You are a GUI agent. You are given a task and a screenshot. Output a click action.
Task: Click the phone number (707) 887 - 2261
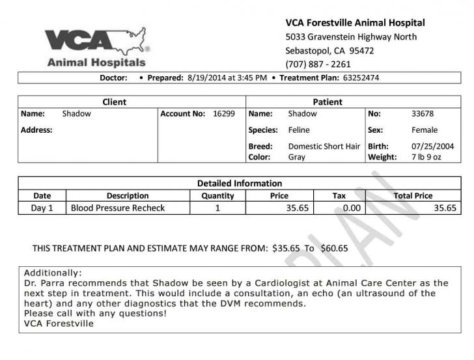(x=318, y=64)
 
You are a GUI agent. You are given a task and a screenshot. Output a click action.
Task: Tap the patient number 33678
(x=423, y=113)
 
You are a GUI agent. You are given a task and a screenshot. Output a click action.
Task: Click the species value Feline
(x=299, y=130)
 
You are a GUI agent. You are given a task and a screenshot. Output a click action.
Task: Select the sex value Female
(x=425, y=130)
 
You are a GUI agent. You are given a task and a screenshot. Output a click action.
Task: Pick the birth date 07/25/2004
(x=433, y=146)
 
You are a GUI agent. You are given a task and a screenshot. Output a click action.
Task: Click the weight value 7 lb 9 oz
(x=426, y=157)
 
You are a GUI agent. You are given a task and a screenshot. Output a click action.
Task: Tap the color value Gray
(x=296, y=157)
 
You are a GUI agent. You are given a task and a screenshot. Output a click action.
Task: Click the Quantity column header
(x=217, y=195)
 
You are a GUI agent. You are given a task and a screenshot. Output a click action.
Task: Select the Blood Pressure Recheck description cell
(x=118, y=208)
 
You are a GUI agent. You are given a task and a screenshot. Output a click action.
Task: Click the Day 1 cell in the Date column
(x=42, y=208)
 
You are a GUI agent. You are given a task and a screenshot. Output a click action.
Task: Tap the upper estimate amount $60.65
(x=334, y=248)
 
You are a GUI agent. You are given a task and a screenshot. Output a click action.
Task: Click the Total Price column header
(x=413, y=195)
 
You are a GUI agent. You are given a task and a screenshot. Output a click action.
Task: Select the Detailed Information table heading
(x=239, y=183)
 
